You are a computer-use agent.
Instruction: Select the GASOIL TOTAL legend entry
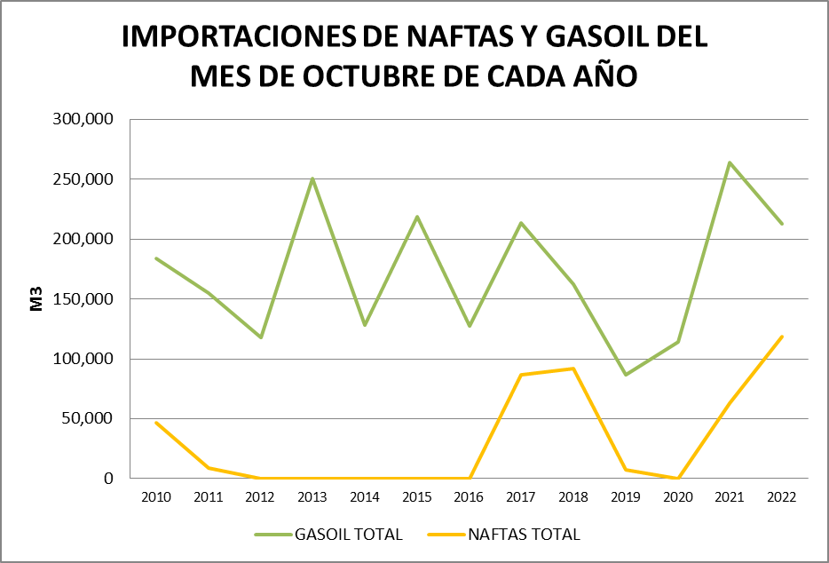(x=328, y=535)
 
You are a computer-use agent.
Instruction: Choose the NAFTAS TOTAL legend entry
(x=504, y=535)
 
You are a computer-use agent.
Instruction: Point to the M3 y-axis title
(x=37, y=298)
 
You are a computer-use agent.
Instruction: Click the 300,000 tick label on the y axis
(x=85, y=120)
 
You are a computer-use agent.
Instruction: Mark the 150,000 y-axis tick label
(x=85, y=299)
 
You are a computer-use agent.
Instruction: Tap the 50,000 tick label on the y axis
(x=89, y=419)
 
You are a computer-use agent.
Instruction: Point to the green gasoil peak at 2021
(x=730, y=163)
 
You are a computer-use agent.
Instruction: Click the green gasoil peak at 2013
(x=312, y=178)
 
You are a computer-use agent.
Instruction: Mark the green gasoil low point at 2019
(x=626, y=375)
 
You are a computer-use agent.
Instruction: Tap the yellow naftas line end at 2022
(x=782, y=337)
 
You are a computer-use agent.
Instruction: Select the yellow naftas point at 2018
(x=573, y=369)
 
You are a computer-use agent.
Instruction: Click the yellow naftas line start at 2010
(x=156, y=423)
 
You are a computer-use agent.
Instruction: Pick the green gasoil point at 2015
(x=417, y=217)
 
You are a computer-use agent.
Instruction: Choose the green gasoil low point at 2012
(x=261, y=337)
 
